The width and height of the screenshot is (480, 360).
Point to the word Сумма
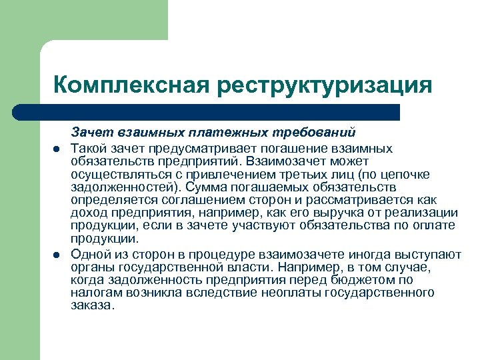tap(206, 187)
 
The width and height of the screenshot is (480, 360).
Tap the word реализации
tap(425, 213)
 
